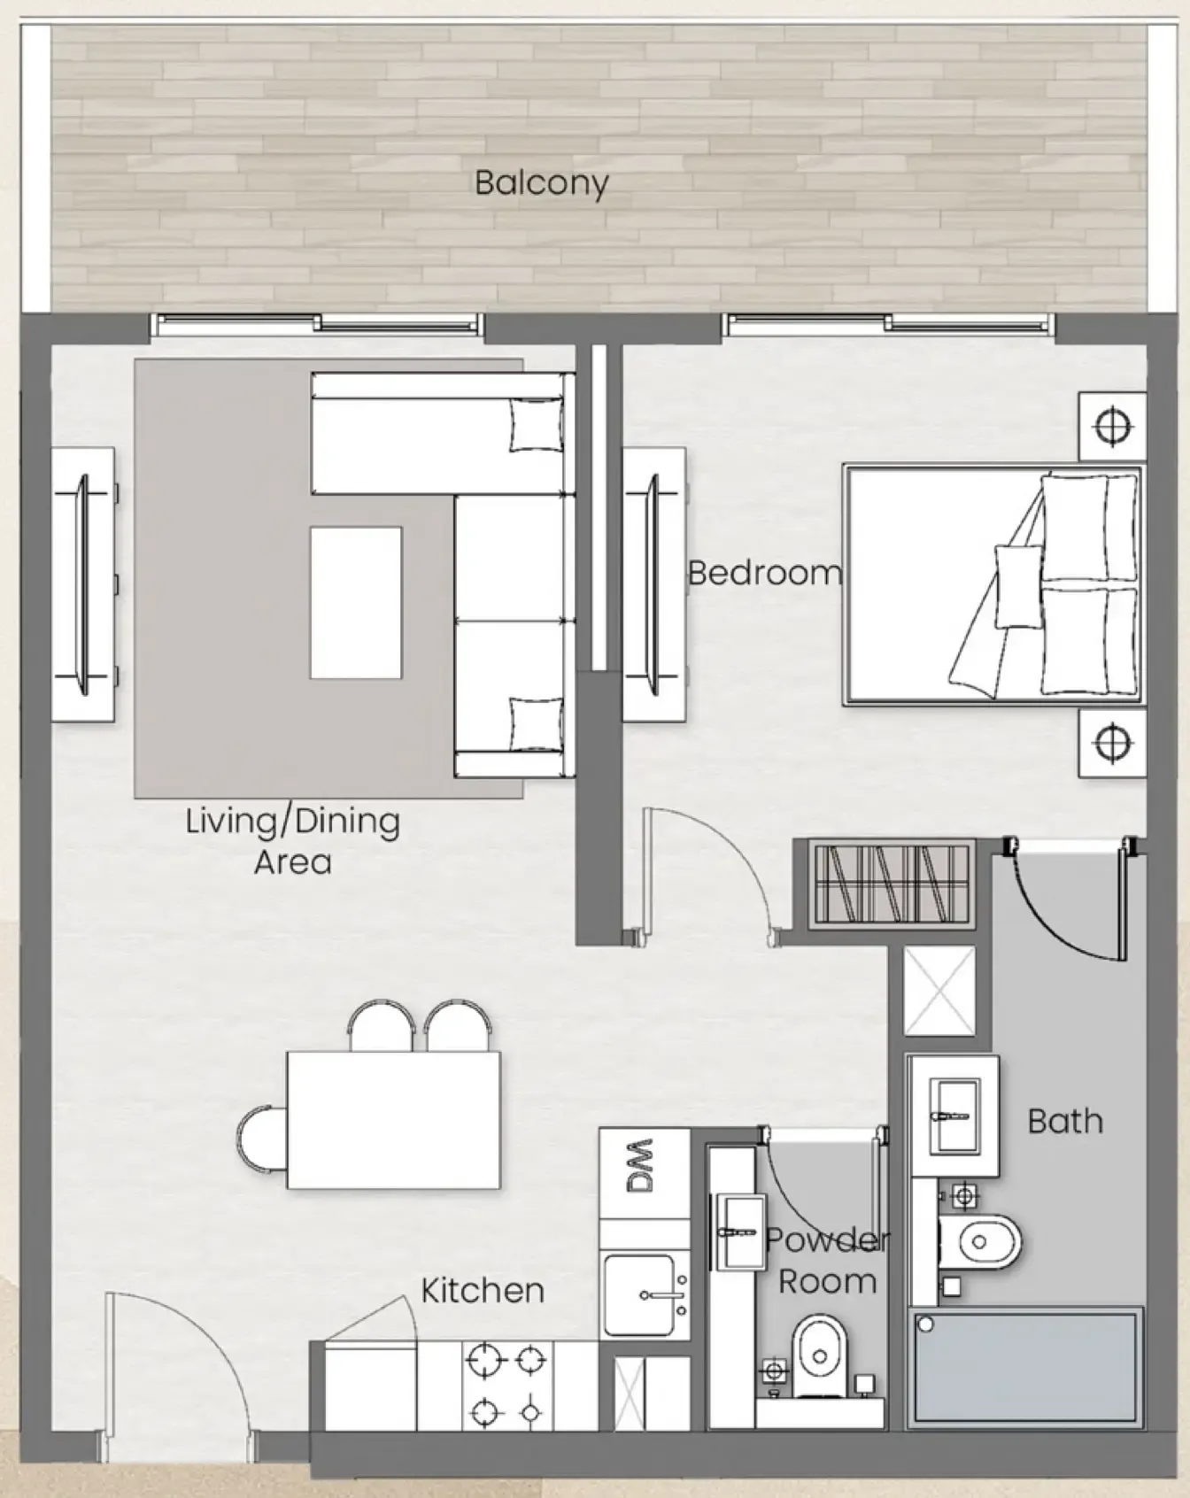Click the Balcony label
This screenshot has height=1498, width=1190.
point(541,183)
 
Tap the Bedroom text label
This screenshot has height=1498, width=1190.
point(764,573)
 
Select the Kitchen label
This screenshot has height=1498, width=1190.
point(482,1290)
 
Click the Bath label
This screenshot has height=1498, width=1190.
point(1065,1121)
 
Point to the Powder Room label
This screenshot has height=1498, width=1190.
point(827,1260)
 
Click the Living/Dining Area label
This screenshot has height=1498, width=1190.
point(293,840)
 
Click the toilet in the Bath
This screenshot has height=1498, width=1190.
point(977,1241)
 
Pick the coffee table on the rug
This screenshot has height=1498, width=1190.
point(356,603)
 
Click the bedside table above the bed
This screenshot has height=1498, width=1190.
point(1112,426)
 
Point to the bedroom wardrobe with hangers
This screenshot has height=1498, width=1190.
point(892,884)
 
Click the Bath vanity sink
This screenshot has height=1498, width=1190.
point(954,1115)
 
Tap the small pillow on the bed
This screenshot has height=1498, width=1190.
point(1018,586)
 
